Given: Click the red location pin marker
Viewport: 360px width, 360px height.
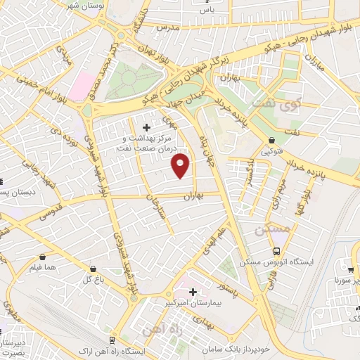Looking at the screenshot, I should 181,166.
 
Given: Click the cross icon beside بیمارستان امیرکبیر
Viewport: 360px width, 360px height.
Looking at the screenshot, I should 193,291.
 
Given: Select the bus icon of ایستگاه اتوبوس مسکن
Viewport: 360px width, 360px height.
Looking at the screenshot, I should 277,250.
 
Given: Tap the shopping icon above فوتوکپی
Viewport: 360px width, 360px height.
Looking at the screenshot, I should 272,141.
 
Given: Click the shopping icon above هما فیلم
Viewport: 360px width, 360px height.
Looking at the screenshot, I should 44,257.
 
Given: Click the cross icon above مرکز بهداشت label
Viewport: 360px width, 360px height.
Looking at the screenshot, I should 146,127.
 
